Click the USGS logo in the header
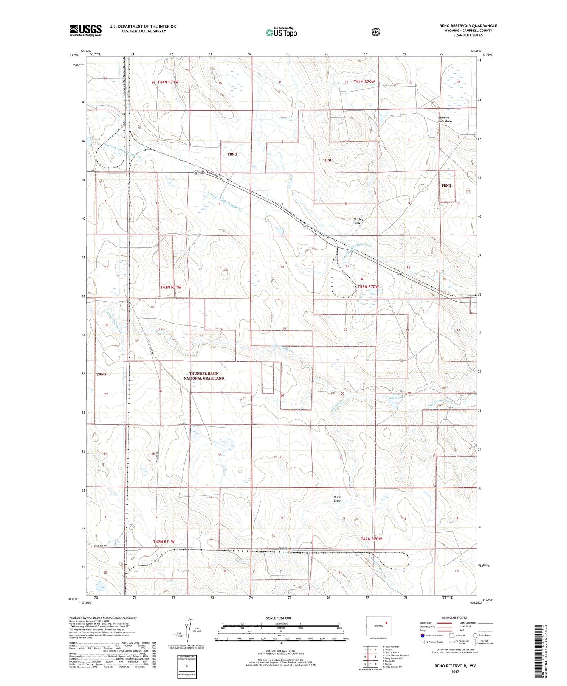click(85, 30)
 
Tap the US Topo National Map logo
click(281, 32)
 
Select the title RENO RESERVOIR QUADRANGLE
click(466, 26)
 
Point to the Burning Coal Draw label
click(445, 120)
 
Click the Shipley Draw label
click(358, 221)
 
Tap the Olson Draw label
click(337, 499)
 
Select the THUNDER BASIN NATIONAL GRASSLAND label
click(204, 376)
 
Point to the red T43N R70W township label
click(368, 287)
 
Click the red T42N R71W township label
click(164, 542)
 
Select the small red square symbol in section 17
click(362, 278)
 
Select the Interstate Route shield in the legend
click(423, 635)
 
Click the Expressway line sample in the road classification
click(445, 623)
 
